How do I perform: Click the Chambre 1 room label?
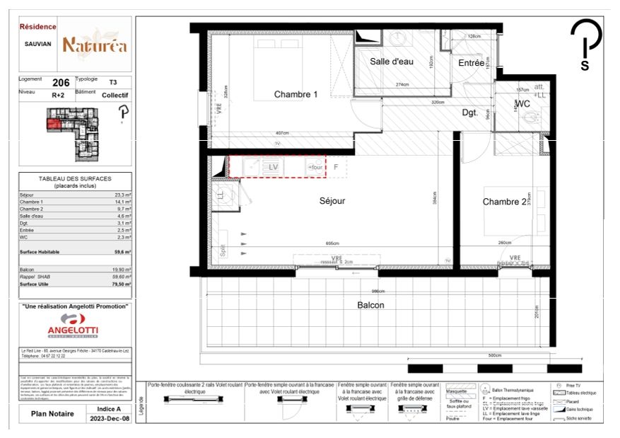[296, 95]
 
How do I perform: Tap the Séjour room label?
[332, 201]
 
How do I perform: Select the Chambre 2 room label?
[505, 202]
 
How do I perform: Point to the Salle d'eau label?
[391, 62]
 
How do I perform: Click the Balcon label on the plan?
[370, 305]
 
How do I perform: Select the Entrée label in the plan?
[471, 63]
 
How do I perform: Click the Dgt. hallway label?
[472, 112]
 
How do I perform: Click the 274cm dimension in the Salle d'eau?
[402, 85]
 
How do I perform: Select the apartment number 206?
[61, 83]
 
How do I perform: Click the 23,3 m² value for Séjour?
[121, 194]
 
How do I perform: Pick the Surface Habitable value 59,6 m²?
[121, 251]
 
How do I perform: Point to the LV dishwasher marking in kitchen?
[274, 166]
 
